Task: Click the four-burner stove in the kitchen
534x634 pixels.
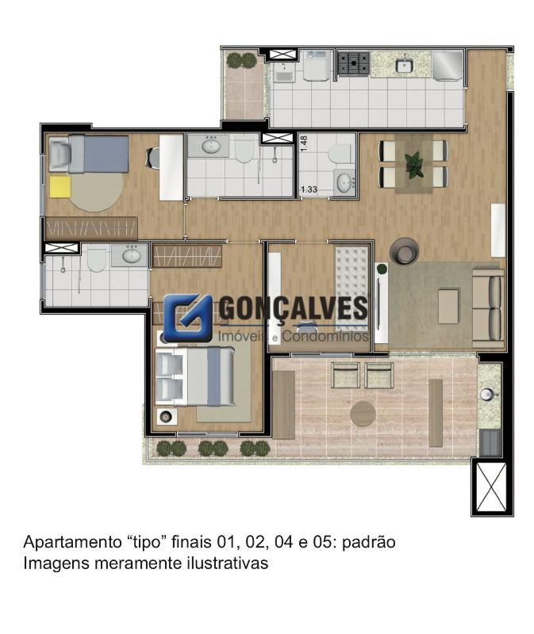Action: (353, 63)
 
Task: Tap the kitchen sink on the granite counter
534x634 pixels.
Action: (404, 65)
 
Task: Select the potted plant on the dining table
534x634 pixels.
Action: (413, 165)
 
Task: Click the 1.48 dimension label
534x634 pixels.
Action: (304, 143)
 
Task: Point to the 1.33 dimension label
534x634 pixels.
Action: (309, 189)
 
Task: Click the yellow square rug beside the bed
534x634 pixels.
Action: (60, 186)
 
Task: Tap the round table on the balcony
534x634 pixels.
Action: (363, 414)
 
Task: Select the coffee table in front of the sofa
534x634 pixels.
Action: (448, 306)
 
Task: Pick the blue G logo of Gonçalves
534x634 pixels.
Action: (187, 318)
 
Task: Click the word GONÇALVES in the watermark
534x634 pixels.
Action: (294, 308)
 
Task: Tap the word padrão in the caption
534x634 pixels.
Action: (368, 542)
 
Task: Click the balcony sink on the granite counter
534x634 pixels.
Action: (485, 393)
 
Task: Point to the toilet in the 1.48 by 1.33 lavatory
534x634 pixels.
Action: (340, 154)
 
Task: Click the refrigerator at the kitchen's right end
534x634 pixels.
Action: (447, 66)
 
